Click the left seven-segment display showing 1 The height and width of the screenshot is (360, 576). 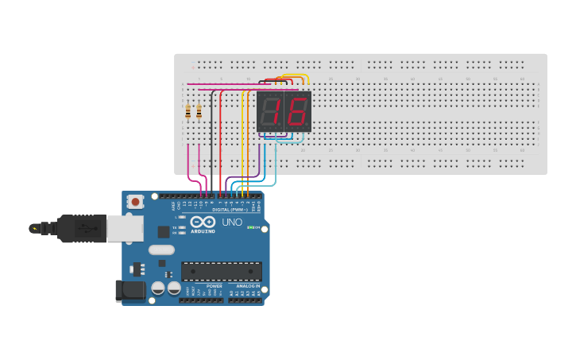(x=270, y=111)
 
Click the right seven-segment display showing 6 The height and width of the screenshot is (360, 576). (x=297, y=111)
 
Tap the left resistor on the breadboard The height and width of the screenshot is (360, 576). (x=188, y=111)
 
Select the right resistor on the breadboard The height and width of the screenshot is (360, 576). (x=199, y=111)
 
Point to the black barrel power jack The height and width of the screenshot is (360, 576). (x=130, y=291)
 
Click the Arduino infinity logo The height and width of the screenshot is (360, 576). (x=203, y=223)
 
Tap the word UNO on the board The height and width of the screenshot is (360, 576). (x=232, y=223)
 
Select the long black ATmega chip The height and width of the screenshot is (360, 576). (x=221, y=272)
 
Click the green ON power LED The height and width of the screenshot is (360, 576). (x=249, y=228)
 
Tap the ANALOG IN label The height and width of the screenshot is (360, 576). (x=248, y=286)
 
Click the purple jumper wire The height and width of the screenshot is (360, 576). (x=259, y=163)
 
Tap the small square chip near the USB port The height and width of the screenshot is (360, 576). (x=164, y=232)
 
